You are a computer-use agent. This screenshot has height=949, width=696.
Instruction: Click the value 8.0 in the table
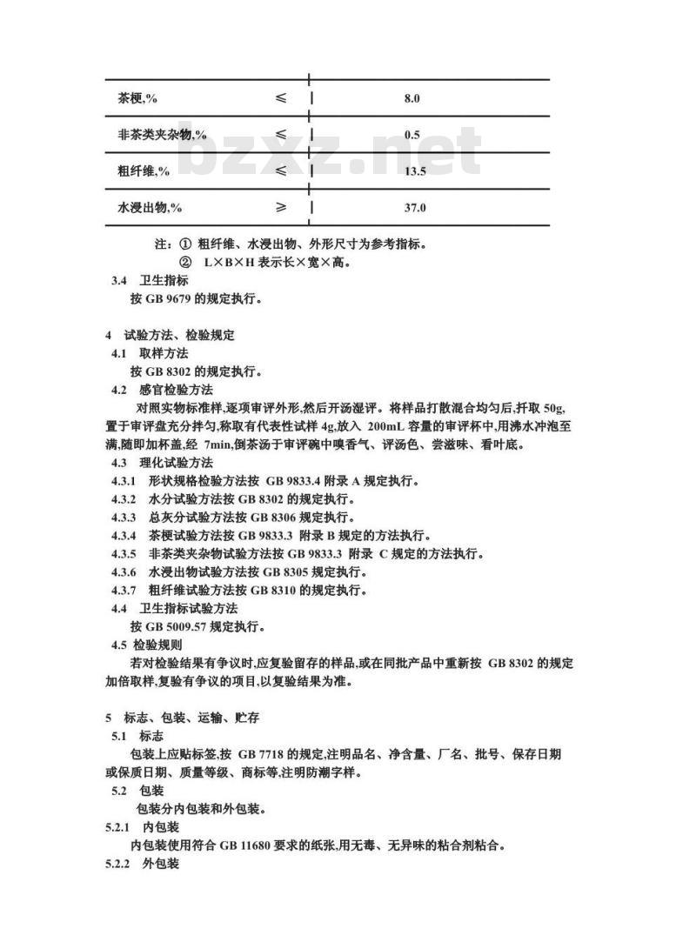click(x=412, y=98)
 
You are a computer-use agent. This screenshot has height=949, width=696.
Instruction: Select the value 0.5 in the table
click(x=412, y=135)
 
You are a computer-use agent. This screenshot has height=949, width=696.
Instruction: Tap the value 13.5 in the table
click(x=414, y=171)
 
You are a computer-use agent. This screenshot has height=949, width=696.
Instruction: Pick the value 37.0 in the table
click(x=414, y=208)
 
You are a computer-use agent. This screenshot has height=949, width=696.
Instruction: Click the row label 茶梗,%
click(x=137, y=98)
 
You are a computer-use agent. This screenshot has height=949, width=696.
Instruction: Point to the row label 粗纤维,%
click(x=144, y=171)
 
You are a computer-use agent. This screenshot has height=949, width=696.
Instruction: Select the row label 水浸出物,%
click(x=150, y=208)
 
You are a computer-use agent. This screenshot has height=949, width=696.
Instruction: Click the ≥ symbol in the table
click(x=281, y=207)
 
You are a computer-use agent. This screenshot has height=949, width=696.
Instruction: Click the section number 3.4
click(x=120, y=280)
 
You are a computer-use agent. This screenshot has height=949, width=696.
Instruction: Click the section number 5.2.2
click(x=117, y=863)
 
